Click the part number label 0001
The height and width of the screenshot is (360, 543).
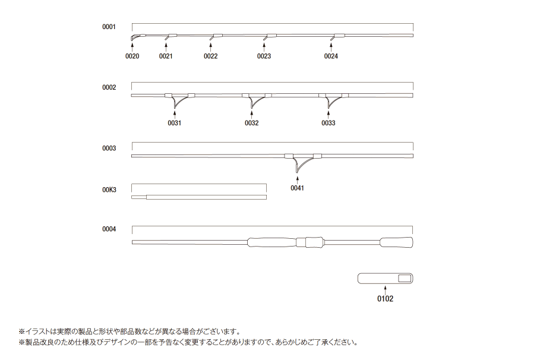pos(109,27)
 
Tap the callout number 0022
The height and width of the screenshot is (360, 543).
pos(210,56)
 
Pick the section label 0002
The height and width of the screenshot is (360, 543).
pos(109,87)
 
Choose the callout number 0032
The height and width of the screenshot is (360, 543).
pos(252,123)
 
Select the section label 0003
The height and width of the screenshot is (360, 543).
pos(109,148)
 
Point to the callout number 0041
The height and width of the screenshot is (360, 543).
pos(297,188)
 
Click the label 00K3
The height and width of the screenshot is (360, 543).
pos(109,190)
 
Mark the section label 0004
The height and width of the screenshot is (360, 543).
pos(109,229)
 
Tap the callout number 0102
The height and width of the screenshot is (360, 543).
pos(385,299)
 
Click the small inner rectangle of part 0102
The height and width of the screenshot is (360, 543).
pos(404,278)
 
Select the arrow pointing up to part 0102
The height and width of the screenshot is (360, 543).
pos(385,290)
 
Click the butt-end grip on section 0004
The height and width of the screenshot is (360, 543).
pos(396,242)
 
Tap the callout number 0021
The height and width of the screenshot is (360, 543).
pos(166,56)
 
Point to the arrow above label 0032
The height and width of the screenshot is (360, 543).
pos(252,114)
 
